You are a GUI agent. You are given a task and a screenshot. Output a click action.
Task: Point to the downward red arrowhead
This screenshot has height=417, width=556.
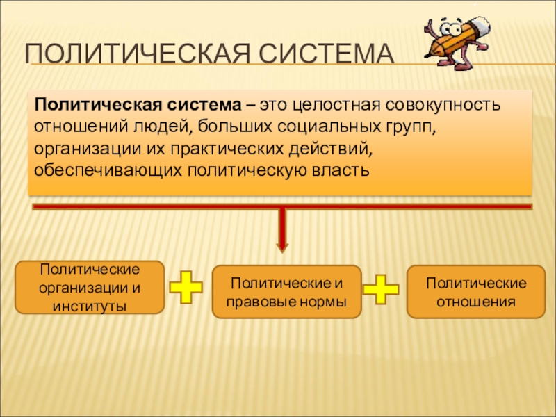[x=281, y=243]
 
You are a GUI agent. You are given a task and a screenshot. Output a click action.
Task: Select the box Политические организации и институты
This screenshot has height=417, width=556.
[x=90, y=286]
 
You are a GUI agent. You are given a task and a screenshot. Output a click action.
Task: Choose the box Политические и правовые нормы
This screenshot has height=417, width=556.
[x=287, y=292]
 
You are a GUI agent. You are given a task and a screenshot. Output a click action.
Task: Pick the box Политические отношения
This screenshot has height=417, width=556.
[x=476, y=292]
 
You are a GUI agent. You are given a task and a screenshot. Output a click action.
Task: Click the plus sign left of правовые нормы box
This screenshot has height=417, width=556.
[x=186, y=288]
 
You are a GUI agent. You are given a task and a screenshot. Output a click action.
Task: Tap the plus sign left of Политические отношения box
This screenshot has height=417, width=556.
[x=382, y=288]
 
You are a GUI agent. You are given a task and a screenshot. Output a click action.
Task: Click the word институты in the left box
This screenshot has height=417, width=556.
[x=90, y=304]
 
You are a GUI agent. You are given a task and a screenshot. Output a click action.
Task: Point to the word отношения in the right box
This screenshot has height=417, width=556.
[x=476, y=302]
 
